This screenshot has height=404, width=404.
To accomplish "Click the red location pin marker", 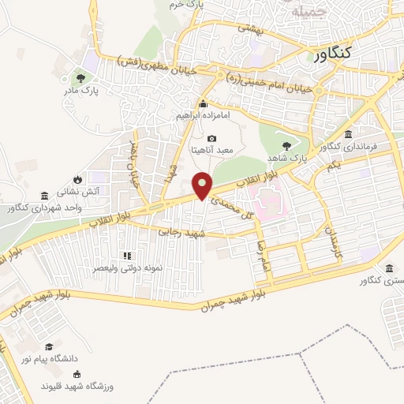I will pos(203,185).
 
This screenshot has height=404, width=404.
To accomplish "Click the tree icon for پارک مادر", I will pos(80,78).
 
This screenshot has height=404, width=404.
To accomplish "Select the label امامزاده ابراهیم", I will pos(203,116).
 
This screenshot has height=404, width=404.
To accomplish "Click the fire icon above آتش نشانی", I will pos(77,179).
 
